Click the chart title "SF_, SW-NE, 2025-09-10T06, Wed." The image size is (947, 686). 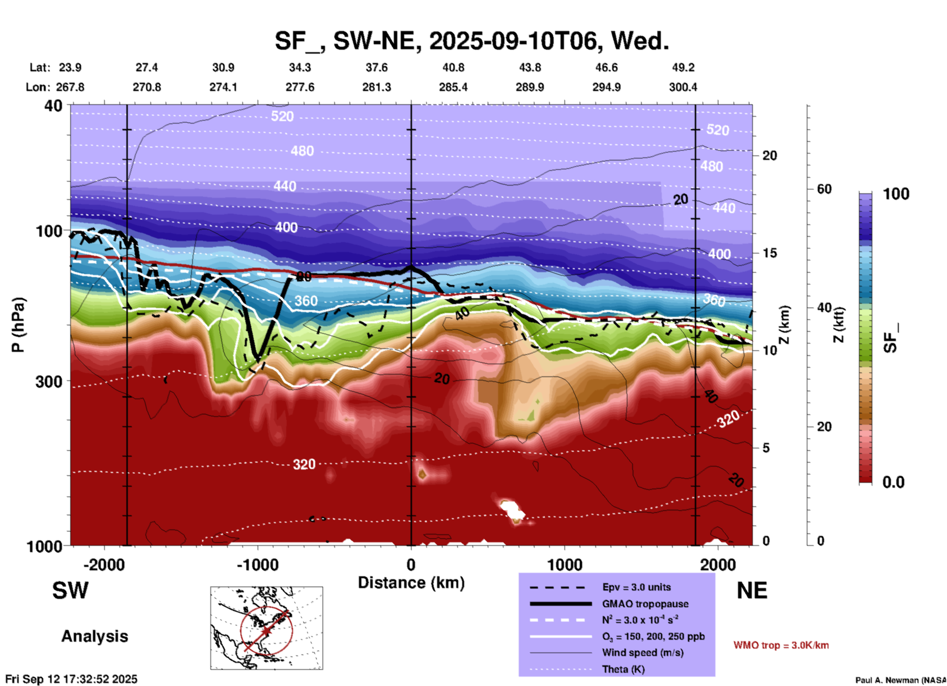pyautogui.click(x=472, y=41)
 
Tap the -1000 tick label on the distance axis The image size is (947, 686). pyautogui.click(x=257, y=565)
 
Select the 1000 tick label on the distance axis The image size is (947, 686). pyautogui.click(x=564, y=565)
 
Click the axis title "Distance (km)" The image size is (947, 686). pyautogui.click(x=411, y=583)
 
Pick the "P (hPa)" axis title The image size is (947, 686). pyautogui.click(x=18, y=324)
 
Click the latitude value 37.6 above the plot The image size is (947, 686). pyautogui.click(x=377, y=67)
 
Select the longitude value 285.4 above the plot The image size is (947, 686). pyautogui.click(x=453, y=87)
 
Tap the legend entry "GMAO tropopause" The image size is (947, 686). pyautogui.click(x=645, y=604)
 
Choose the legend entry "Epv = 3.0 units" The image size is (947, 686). pyautogui.click(x=636, y=587)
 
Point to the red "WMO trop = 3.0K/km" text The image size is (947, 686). pyautogui.click(x=781, y=645)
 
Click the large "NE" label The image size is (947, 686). pyautogui.click(x=751, y=591)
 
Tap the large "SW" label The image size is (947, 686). pyautogui.click(x=70, y=591)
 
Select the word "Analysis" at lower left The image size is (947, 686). pyautogui.click(x=94, y=636)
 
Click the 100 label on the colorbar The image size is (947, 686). pyautogui.click(x=896, y=194)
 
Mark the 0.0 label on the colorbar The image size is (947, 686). pyautogui.click(x=893, y=482)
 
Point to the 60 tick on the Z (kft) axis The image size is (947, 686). pyautogui.click(x=824, y=189)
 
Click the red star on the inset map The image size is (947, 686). pyautogui.click(x=266, y=630)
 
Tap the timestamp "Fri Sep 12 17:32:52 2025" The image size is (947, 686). pyautogui.click(x=72, y=679)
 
